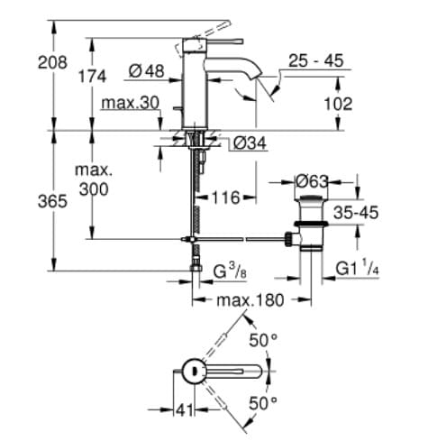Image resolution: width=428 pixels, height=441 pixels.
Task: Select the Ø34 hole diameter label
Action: pyautogui.click(x=249, y=143)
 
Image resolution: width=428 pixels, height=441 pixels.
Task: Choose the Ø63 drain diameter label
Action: pyautogui.click(x=314, y=182)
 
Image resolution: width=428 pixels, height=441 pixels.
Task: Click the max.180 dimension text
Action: pyautogui.click(x=244, y=299)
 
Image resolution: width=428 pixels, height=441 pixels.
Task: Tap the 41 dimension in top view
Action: pyautogui.click(x=185, y=410)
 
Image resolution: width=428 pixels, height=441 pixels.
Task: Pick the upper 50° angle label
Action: pyautogui.click(x=260, y=341)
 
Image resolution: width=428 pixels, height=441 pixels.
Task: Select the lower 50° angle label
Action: pyautogui.click(x=260, y=403)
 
